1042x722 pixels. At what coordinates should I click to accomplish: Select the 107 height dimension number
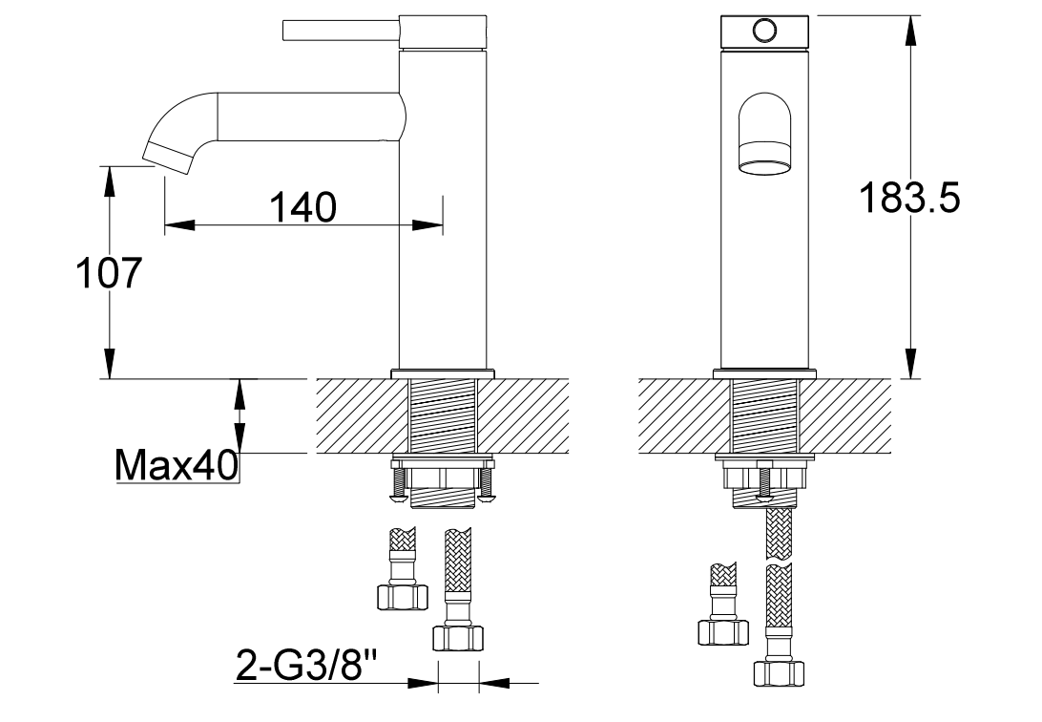(x=110, y=272)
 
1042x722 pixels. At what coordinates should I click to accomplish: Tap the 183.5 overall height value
(x=909, y=198)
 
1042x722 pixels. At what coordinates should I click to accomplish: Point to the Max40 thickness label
(x=177, y=465)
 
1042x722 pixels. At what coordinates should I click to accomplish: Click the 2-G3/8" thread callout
(x=306, y=665)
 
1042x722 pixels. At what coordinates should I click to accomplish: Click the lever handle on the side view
(x=341, y=31)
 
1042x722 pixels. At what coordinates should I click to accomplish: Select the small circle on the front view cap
(x=765, y=30)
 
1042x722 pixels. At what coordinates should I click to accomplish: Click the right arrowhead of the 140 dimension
(x=427, y=224)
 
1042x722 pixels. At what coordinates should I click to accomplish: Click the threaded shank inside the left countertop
(x=444, y=415)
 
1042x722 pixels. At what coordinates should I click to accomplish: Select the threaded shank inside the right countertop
(x=765, y=415)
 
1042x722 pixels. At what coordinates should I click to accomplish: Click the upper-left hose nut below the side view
(x=402, y=598)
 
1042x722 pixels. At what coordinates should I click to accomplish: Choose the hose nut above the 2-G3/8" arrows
(x=457, y=638)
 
